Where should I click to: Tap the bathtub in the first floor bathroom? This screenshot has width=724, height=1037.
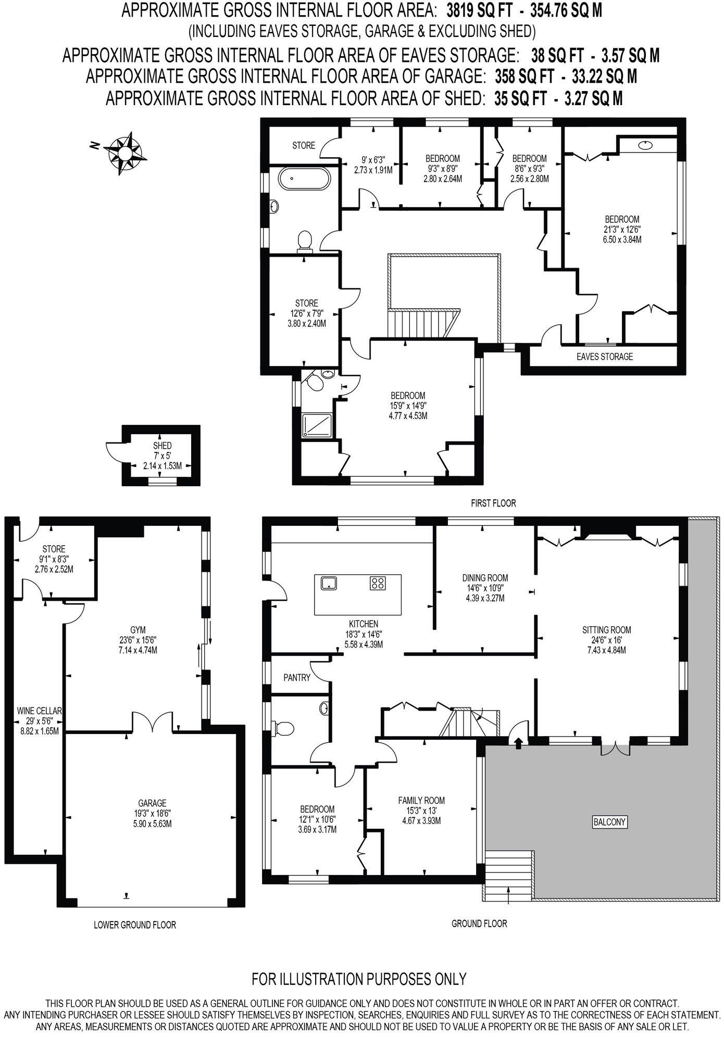tap(304, 180)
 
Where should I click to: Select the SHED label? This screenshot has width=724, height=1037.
tap(162, 446)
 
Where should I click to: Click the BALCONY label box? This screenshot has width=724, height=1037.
tap(609, 822)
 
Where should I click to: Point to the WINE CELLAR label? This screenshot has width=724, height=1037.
tap(40, 711)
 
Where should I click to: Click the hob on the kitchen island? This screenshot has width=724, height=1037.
tap(378, 583)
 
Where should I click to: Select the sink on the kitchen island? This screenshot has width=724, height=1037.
tap(329, 583)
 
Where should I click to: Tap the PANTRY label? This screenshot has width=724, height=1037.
tap(297, 677)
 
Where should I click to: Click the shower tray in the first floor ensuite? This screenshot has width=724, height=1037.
tap(318, 425)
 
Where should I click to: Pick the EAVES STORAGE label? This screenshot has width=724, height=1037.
tap(605, 357)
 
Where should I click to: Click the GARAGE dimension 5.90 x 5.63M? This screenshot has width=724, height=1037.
tap(152, 824)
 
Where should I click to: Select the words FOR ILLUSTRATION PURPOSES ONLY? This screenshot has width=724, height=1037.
tap(359, 979)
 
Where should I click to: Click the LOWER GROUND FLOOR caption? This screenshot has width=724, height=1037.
tap(135, 925)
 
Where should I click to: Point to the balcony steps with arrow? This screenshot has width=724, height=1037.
tap(508, 876)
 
